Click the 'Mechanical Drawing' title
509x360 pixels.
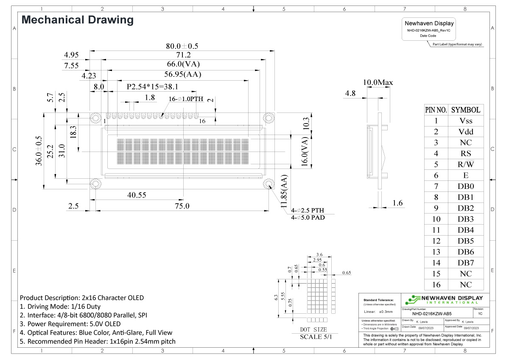77,20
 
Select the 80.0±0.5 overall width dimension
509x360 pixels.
182,46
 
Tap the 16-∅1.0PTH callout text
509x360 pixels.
186,99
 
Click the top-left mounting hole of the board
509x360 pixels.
95,117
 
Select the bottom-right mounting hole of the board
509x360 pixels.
268,183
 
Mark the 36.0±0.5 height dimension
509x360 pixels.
39,150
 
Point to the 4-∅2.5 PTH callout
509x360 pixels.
307,211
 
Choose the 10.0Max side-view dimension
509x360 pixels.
377,82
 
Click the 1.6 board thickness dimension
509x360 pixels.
397,203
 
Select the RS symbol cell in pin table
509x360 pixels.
465,154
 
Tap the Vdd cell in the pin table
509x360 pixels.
465,132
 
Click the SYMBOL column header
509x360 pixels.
465,110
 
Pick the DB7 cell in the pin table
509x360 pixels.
465,263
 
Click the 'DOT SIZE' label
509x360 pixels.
313,329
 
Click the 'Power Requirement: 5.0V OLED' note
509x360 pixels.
70,323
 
